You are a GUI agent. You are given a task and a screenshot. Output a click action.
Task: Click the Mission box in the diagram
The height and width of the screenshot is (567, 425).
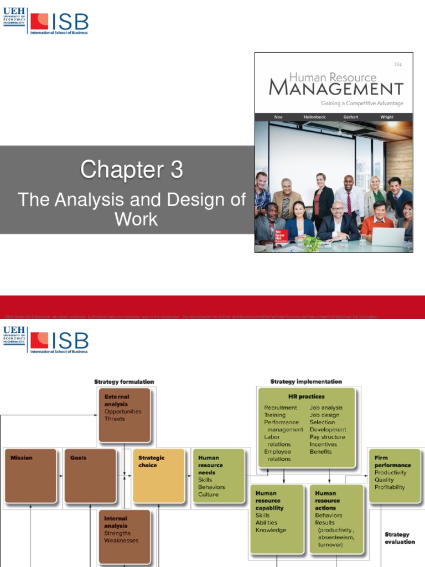pos(31,476)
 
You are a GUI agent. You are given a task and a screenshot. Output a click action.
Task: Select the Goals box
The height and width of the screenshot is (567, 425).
pos(90,476)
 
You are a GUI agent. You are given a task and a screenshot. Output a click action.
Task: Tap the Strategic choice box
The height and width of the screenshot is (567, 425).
pos(158,476)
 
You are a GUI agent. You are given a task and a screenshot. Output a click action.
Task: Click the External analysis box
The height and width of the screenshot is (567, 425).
pos(125,415)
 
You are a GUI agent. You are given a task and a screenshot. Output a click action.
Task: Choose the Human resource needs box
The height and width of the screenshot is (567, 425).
pos(218,476)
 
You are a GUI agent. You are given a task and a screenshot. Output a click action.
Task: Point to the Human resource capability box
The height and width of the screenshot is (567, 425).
pos(277,519)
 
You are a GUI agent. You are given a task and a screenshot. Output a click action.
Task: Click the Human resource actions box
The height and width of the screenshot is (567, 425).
pos(336,519)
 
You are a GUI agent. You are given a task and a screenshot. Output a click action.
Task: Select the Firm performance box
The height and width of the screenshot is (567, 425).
pos(395,476)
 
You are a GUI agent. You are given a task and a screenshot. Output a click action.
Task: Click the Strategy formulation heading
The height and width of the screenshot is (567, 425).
pos(124,382)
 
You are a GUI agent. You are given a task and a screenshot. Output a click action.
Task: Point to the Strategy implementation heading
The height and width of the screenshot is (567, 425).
pos(306,382)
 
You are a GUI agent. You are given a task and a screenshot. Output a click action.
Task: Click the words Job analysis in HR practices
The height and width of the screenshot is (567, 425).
pos(326,408)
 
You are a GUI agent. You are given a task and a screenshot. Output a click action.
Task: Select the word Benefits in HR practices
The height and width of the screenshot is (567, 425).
pos(321,451)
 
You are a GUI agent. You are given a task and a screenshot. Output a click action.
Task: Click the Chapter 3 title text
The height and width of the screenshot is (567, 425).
pos(131,170)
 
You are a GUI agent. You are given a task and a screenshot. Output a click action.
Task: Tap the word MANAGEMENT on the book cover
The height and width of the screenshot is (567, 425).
pos(336,89)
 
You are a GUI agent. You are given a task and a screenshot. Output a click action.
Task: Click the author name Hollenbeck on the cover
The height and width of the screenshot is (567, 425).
pos(315,117)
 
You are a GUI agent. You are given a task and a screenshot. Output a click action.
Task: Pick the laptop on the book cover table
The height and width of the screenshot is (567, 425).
pos(387,236)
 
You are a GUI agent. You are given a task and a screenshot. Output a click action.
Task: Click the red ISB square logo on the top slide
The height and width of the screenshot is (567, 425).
pos(39,22)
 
